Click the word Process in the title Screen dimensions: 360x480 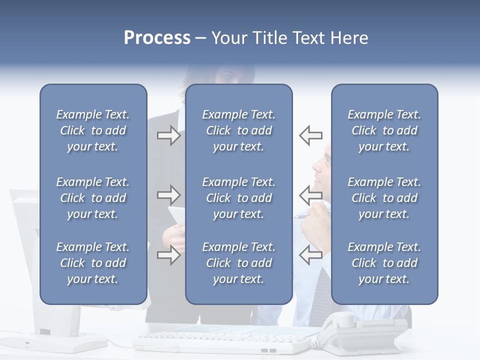point(157,38)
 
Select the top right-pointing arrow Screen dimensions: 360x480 point(169,135)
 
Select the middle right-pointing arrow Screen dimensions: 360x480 point(169,193)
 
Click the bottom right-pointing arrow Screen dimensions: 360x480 point(169,255)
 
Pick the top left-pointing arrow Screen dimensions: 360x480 point(310,135)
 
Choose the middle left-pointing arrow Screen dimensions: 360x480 point(310,193)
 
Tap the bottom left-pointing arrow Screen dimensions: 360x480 point(310,255)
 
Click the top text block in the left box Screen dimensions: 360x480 point(93,130)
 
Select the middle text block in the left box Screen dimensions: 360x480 point(93,198)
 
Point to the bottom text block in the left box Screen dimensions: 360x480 point(93,263)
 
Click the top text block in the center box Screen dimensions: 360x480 point(238,130)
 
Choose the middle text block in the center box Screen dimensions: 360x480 point(238,198)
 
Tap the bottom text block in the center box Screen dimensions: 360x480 point(238,263)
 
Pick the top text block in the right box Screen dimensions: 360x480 point(384,130)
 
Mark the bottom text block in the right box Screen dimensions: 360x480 point(384,263)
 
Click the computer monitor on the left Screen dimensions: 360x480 point(25,250)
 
